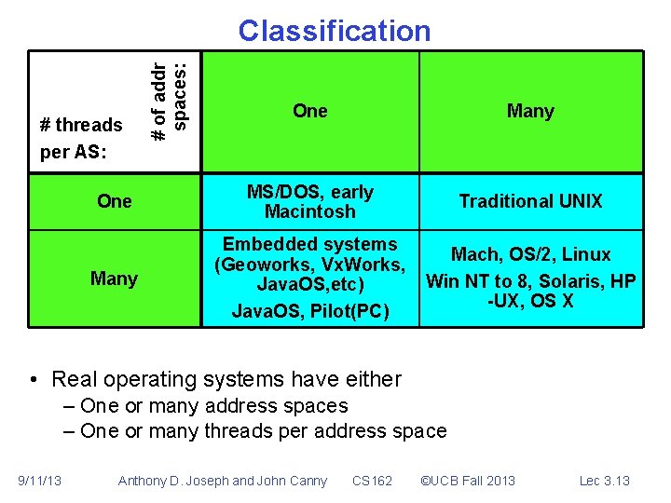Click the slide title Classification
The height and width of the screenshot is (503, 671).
335,31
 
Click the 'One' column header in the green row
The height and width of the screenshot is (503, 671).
309,112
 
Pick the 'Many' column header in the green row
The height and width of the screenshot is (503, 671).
530,112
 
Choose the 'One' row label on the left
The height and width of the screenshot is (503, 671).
115,201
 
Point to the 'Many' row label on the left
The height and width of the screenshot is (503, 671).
114,279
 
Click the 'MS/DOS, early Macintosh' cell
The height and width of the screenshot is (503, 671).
309,202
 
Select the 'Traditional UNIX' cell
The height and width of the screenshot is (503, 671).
530,201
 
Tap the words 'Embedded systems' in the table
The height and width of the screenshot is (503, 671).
309,245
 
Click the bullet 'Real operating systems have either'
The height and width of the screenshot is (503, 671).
226,379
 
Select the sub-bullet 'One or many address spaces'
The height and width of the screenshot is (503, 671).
213,406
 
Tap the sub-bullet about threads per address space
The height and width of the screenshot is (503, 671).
263,431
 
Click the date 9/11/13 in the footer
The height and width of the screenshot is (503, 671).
40,481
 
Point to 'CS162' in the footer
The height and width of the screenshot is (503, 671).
373,481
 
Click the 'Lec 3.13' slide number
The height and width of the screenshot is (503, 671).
605,481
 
